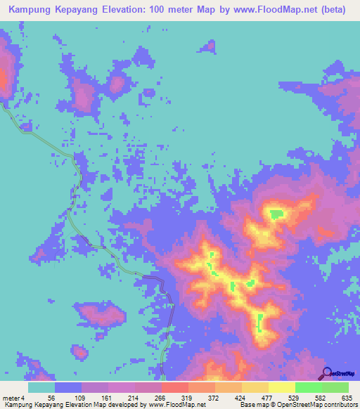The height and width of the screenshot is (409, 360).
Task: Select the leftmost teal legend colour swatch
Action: coord(41,387)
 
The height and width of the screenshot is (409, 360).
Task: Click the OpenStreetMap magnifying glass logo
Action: coord(326,372)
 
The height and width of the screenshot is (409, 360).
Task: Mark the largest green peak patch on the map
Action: coord(275,214)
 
